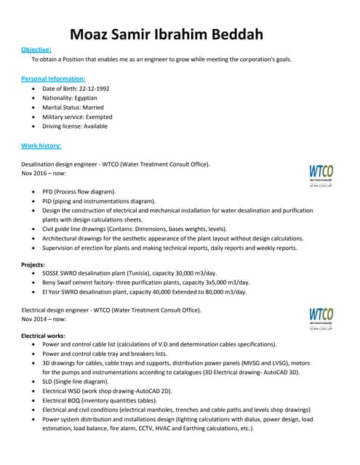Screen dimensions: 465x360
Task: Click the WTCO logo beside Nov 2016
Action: [321, 175]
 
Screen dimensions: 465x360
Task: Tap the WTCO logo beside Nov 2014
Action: [321, 318]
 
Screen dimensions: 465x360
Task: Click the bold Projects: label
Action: [33, 264]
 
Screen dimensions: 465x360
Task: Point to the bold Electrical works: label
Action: [44, 336]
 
